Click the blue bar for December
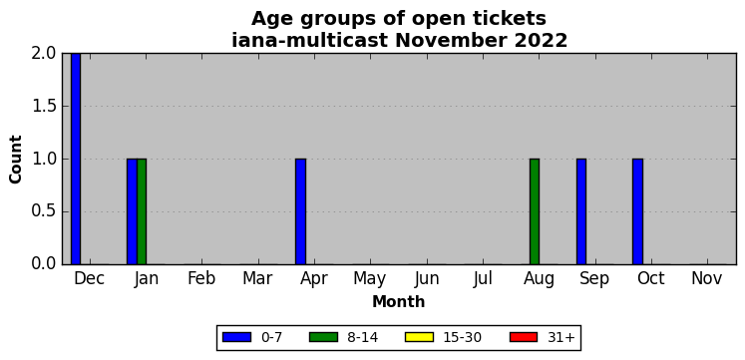point(76,159)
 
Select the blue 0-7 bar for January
point(132,211)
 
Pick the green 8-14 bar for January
point(142,211)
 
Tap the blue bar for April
point(301,211)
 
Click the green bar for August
point(535,211)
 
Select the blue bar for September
point(581,211)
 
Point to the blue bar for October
point(637,211)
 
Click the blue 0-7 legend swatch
point(236,337)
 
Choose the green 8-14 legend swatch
point(323,337)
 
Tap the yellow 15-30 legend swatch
point(419,337)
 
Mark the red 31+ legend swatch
point(524,337)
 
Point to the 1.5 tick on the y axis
point(45,107)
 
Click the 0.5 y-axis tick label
point(45,211)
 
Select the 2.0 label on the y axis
point(45,54)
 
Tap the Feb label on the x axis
point(201,279)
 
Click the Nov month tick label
point(707,279)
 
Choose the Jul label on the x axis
point(483,279)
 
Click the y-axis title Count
point(16,160)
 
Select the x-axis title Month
point(399,301)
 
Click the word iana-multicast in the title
point(311,40)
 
